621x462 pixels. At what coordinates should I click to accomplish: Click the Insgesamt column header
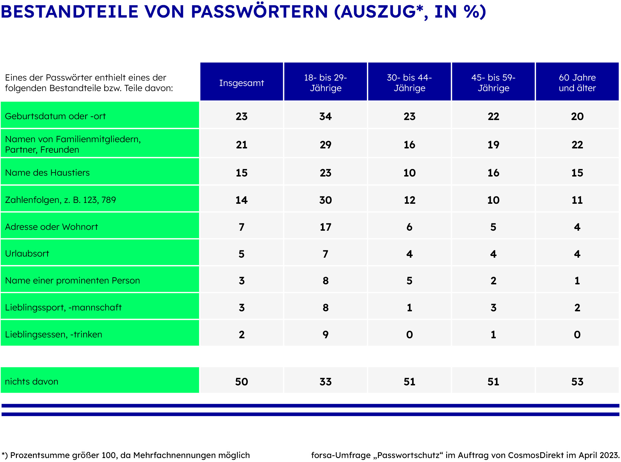242,83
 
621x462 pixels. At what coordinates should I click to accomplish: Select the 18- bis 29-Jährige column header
325,83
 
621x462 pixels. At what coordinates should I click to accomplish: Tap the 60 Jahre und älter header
577,83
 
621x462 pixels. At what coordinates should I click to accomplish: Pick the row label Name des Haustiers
47,173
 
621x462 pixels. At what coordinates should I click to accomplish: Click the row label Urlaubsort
27,253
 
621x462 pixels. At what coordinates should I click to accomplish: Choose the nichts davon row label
32,381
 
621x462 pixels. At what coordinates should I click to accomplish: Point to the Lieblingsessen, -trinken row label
53,334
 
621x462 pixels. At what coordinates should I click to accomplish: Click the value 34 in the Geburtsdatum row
325,116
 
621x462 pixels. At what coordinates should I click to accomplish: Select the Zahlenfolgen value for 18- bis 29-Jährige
325,200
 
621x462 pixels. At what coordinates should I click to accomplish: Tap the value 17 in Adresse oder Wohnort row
325,227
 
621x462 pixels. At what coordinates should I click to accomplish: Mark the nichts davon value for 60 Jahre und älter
577,382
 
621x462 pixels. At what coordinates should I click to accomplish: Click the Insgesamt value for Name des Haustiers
242,173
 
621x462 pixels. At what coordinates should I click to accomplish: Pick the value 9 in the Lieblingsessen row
325,335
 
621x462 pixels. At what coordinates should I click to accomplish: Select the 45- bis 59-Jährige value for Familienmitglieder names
493,145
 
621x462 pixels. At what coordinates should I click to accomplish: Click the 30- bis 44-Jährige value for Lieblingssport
410,308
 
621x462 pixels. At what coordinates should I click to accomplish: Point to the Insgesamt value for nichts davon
242,382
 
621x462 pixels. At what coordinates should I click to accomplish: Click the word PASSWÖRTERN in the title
259,12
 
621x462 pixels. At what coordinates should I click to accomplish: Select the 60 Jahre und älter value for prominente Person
577,281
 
